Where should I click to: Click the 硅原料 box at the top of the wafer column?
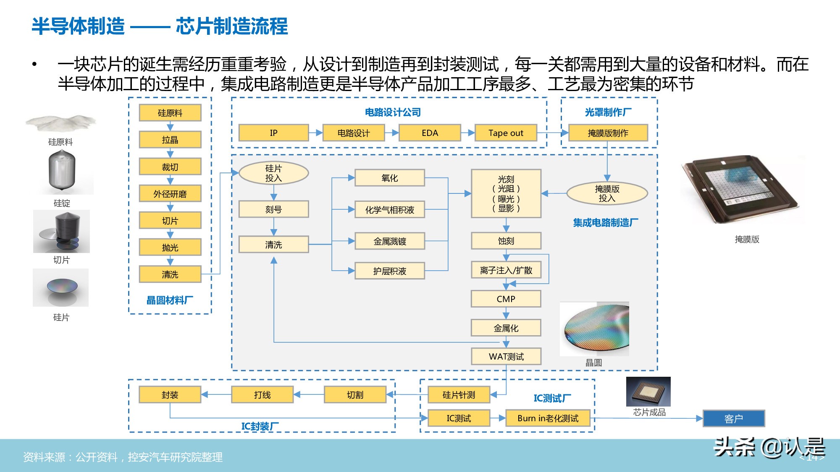pyautogui.click(x=170, y=113)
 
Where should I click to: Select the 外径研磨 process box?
pyautogui.click(x=170, y=194)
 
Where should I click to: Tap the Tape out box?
pyautogui.click(x=506, y=133)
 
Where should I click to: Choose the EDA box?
pyautogui.click(x=430, y=133)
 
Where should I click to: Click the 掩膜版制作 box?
pyautogui.click(x=608, y=133)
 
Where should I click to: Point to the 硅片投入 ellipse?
pyautogui.click(x=273, y=173)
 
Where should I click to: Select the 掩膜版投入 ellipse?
pyautogui.click(x=607, y=193)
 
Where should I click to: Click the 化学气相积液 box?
pyautogui.click(x=389, y=210)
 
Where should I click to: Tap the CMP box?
pyautogui.click(x=506, y=299)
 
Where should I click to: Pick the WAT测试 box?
pyautogui.click(x=506, y=357)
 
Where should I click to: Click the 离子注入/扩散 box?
pyautogui.click(x=506, y=271)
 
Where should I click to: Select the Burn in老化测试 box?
pyautogui.click(x=548, y=418)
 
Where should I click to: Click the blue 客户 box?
pyautogui.click(x=733, y=419)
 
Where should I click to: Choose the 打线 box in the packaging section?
pyautogui.click(x=262, y=395)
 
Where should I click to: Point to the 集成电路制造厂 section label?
pyautogui.click(x=605, y=223)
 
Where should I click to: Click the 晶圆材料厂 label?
pyautogui.click(x=170, y=300)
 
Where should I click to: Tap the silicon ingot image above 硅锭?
pyautogui.click(x=62, y=171)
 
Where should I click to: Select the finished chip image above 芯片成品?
pyautogui.click(x=648, y=391)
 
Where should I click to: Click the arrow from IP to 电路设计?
pyautogui.click(x=316, y=133)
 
